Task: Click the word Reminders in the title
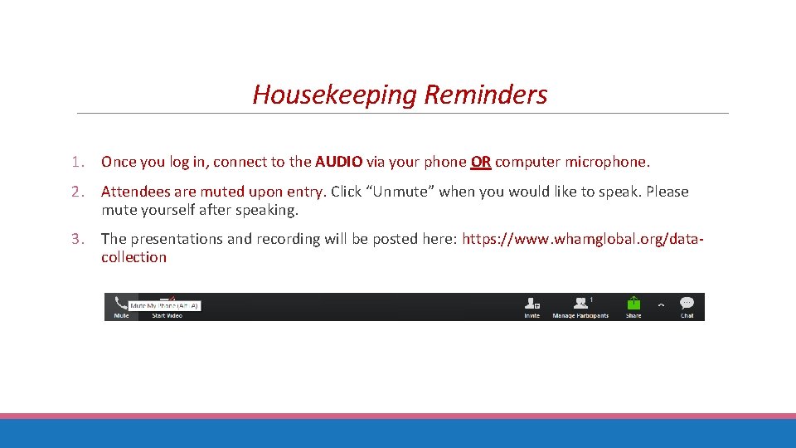tap(485, 95)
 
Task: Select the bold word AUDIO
tap(337, 162)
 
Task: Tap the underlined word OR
tap(481, 162)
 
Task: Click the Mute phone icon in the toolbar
tap(121, 304)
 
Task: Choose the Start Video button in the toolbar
tap(167, 314)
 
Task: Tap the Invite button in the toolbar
tap(531, 306)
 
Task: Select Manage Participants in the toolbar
tap(581, 306)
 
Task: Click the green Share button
tap(633, 304)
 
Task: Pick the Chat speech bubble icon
tap(687, 304)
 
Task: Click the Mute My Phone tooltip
tap(164, 305)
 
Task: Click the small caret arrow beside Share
tap(661, 304)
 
